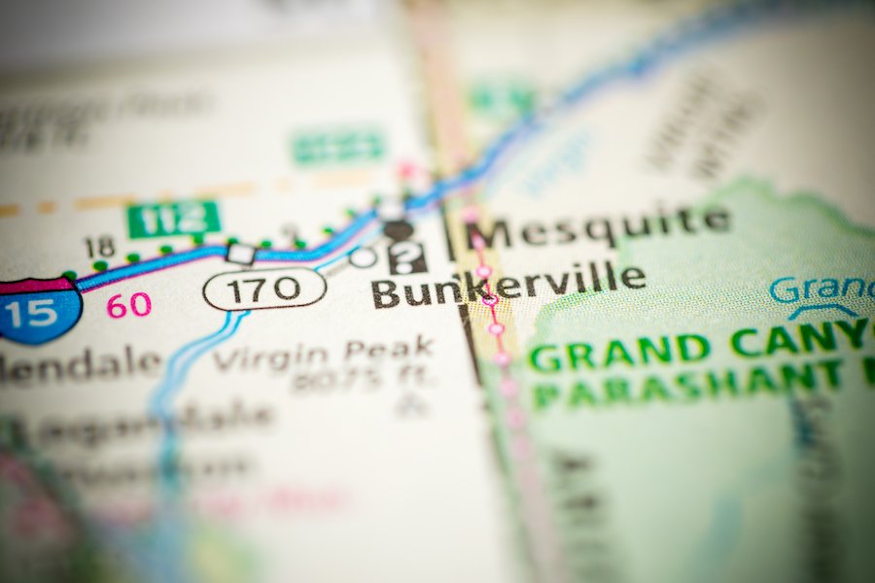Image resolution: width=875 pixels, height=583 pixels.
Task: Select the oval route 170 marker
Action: coord(264,289)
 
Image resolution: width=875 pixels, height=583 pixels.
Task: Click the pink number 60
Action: coord(128,305)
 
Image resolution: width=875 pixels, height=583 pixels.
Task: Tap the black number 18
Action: coord(99,248)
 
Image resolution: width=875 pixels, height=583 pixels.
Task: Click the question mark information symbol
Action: coord(407,257)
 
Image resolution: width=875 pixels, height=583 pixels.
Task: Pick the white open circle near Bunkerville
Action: coord(363,257)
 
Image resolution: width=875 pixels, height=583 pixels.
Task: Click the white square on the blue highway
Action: coord(240,254)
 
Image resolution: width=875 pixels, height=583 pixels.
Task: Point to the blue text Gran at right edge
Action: coord(817,289)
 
